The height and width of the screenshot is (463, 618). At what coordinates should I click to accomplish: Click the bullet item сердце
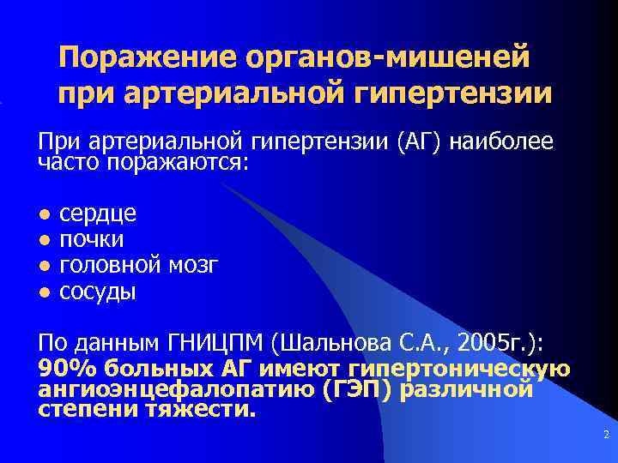click(98, 213)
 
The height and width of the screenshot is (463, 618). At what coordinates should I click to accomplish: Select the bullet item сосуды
click(97, 292)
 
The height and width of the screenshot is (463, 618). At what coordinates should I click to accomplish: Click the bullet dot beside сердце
click(44, 214)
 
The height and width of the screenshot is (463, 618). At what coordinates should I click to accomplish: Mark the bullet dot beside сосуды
click(44, 292)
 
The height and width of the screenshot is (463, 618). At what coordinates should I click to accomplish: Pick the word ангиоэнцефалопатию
click(177, 390)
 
